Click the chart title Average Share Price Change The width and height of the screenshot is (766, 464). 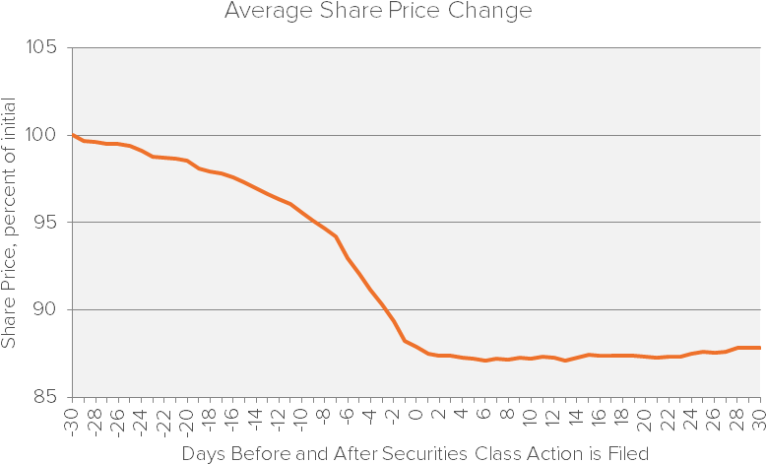point(378,12)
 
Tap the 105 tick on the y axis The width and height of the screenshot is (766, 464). point(43,48)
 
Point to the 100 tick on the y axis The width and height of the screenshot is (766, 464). point(43,135)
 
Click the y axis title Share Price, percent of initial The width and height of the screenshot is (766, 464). point(10,223)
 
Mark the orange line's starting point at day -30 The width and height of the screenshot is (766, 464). point(73,135)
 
